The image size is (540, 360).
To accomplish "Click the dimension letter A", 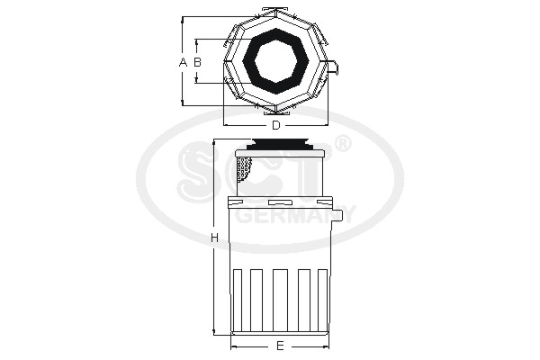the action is click(x=183, y=62).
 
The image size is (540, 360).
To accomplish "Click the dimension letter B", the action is click(x=197, y=62).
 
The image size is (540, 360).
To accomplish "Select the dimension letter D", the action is click(x=276, y=125).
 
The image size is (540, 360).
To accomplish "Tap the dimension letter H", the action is click(x=214, y=238).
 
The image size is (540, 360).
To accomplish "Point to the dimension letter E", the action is click(x=280, y=346).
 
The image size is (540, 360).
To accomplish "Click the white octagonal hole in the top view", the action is click(x=275, y=62).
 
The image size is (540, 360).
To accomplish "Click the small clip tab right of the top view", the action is click(x=334, y=67).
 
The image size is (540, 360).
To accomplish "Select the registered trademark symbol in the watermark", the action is click(x=343, y=144).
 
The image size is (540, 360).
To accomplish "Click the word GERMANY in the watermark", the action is click(x=295, y=215).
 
